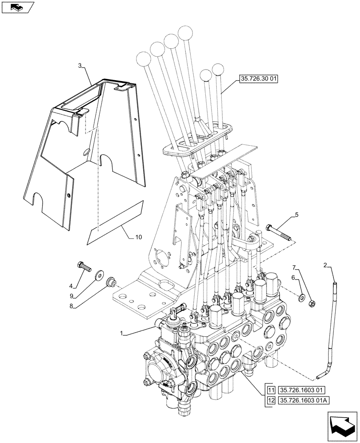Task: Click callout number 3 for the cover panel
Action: [80, 66]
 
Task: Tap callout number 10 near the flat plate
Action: [138, 237]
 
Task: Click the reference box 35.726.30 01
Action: [258, 80]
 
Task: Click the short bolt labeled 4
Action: [83, 267]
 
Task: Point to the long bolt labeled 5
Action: [279, 233]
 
